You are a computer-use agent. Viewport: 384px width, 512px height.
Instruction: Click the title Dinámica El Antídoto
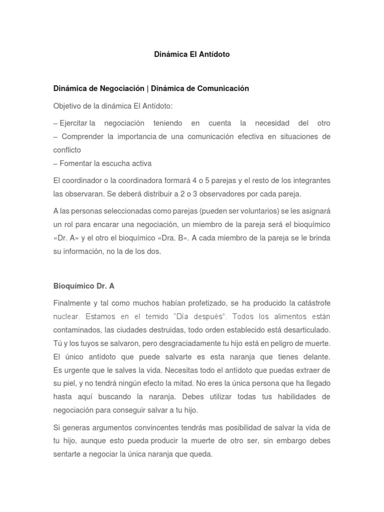pos(192,54)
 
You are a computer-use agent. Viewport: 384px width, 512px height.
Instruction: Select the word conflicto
pos(67,149)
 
